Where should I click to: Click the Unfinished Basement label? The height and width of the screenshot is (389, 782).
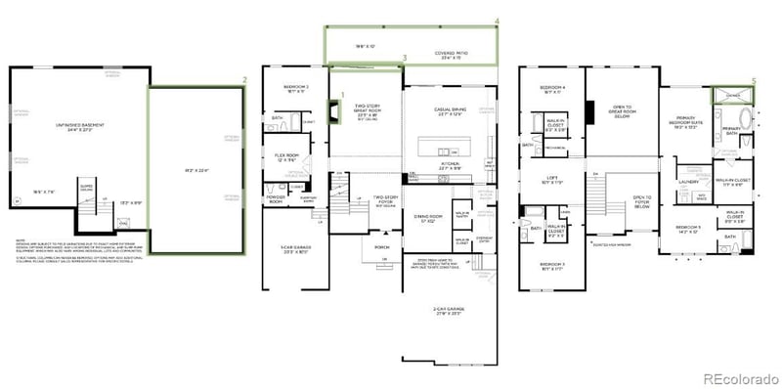[x=80, y=125]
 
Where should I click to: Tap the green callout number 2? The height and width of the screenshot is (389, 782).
[x=245, y=78]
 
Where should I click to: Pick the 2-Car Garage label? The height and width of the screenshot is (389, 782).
[x=449, y=310]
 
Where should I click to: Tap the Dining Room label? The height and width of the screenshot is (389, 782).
[x=427, y=218]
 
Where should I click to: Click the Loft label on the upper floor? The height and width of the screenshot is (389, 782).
[x=552, y=179]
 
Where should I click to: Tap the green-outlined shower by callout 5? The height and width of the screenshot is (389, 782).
[x=732, y=96]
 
